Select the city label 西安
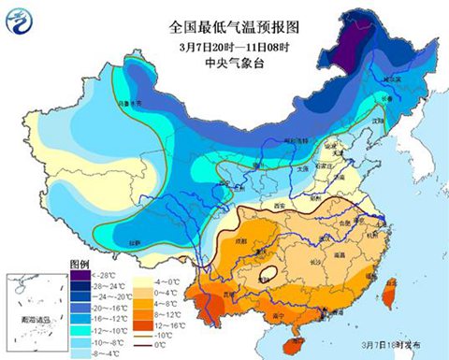point(279,204)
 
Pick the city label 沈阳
point(378,121)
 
